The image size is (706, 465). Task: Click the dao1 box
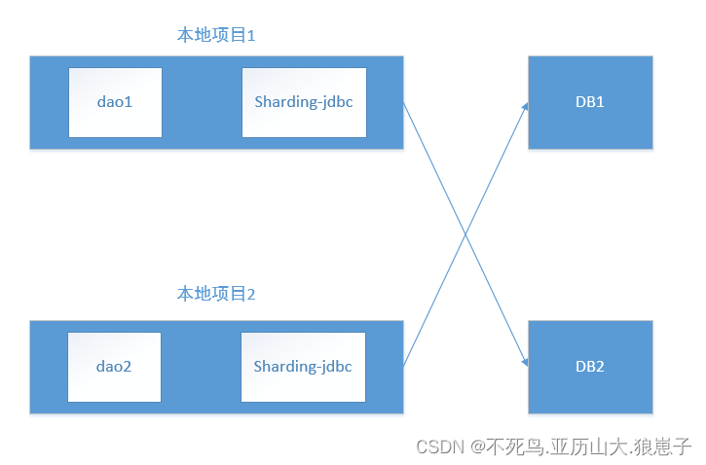click(x=115, y=102)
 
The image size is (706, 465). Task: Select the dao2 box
click(x=115, y=367)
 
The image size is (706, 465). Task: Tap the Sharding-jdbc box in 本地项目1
click(x=304, y=102)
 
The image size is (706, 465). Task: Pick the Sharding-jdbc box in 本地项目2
click(x=304, y=367)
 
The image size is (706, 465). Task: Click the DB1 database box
click(x=590, y=102)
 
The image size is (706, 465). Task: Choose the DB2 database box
click(x=590, y=367)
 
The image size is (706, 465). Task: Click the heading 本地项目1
click(x=215, y=36)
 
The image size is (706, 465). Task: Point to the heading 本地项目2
click(x=215, y=294)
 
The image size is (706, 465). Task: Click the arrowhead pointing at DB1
click(x=525, y=106)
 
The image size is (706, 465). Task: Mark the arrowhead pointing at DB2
click(x=525, y=363)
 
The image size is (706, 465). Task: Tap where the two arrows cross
click(x=464, y=234)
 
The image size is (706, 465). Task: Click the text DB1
click(x=590, y=102)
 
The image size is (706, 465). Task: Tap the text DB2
click(x=590, y=367)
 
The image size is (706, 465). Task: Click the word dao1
click(x=115, y=102)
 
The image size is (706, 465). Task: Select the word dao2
click(x=115, y=367)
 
